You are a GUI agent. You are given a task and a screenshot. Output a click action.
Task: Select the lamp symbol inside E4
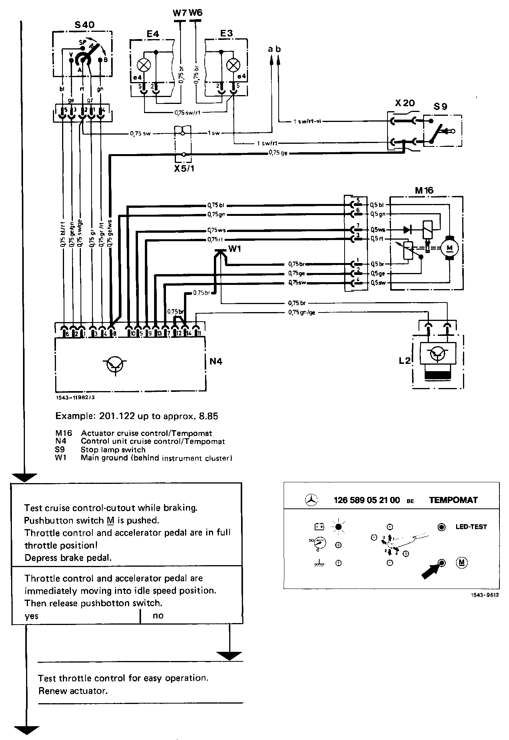tap(144, 65)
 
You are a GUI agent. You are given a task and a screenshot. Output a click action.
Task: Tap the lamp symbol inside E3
tap(232, 66)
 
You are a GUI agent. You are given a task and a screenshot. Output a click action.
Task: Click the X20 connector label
tap(405, 104)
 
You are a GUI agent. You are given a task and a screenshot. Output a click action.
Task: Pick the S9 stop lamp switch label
tap(440, 106)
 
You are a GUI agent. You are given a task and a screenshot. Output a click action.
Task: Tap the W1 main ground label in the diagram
tap(234, 249)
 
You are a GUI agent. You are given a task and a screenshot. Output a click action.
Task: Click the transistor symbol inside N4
tap(114, 364)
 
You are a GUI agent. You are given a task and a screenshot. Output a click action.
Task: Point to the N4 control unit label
tap(216, 361)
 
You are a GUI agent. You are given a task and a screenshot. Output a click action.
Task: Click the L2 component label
tap(404, 360)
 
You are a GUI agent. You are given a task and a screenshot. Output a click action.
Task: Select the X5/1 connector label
tap(184, 168)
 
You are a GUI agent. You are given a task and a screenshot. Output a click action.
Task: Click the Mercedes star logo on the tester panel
tap(311, 500)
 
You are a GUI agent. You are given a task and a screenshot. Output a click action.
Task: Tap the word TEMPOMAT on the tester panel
tap(453, 500)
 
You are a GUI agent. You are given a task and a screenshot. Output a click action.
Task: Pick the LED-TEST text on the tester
tap(471, 527)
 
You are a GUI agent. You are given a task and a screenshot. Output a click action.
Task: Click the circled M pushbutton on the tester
tap(462, 563)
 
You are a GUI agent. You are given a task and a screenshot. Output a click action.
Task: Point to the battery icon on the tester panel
tap(319, 527)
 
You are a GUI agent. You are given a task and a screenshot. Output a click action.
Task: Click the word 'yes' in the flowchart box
tap(31, 616)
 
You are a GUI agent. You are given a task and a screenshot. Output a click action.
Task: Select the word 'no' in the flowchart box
tap(158, 616)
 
